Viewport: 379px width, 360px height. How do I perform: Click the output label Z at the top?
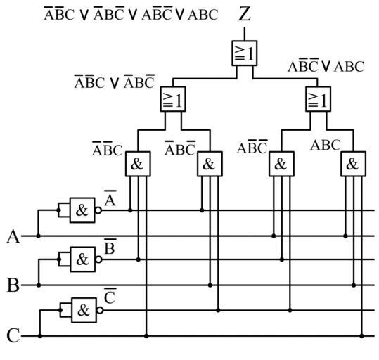coord(245,14)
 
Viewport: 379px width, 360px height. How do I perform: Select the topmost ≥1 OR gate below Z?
coord(245,53)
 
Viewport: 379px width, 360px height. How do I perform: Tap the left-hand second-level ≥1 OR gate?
coord(173,99)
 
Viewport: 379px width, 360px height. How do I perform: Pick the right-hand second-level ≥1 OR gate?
coord(318,99)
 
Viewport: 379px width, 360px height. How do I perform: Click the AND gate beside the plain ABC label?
coord(353,164)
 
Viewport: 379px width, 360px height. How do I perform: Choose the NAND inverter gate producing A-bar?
coord(82,210)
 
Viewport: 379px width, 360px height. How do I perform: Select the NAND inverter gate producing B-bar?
coord(83,259)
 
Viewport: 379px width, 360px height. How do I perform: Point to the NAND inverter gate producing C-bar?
coord(84,310)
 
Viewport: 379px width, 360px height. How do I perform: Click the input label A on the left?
coord(13,237)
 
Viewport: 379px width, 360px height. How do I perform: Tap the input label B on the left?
coord(13,285)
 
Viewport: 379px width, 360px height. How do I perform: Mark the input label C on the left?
coord(13,335)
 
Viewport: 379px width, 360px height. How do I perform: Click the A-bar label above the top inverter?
coord(110,198)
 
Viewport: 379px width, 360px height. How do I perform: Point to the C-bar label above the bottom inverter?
coord(110,296)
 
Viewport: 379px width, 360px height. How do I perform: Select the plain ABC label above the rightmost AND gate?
coord(326,145)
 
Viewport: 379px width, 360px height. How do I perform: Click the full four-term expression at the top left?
coord(131,14)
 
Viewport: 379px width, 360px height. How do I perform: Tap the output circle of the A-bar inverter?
coord(98,210)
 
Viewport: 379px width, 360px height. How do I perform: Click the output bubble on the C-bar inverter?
coord(100,311)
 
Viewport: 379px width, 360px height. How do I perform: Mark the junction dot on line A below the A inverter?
coord(38,236)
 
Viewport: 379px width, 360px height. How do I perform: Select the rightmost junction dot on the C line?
coord(361,336)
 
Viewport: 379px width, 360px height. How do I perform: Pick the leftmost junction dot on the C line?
coord(40,336)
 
